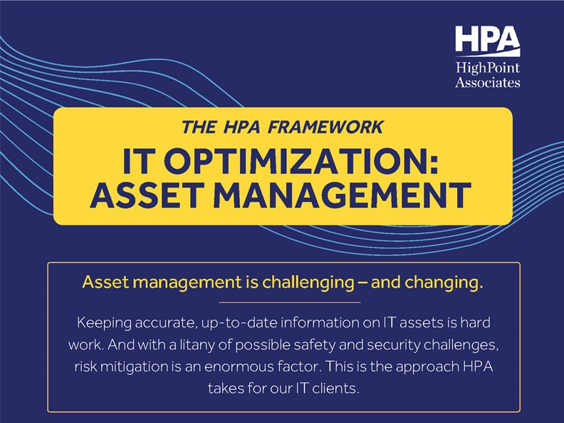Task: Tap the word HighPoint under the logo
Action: tap(488, 68)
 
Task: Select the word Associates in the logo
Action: tap(488, 83)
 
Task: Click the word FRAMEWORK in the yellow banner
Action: tap(325, 127)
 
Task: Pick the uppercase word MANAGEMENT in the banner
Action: tap(343, 195)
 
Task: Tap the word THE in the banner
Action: tap(199, 127)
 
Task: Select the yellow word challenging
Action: tap(308, 283)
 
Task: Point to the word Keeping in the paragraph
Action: tap(104, 323)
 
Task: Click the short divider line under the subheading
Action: tap(290, 302)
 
